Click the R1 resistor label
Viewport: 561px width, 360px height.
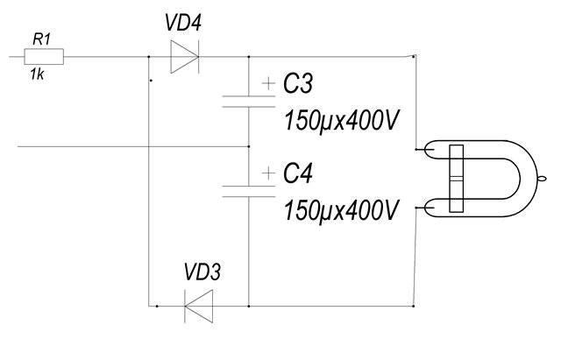(x=40, y=39)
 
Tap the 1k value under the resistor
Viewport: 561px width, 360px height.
(x=37, y=75)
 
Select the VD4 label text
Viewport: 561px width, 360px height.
(x=184, y=24)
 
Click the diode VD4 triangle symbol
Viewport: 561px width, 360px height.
(x=185, y=58)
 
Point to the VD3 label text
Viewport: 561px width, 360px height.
(x=202, y=272)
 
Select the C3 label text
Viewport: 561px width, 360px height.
(x=299, y=84)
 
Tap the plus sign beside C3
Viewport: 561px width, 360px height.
(x=266, y=84)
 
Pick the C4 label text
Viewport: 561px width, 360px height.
(x=299, y=175)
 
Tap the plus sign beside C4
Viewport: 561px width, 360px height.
(x=266, y=174)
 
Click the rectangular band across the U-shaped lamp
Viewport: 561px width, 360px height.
(x=455, y=180)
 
